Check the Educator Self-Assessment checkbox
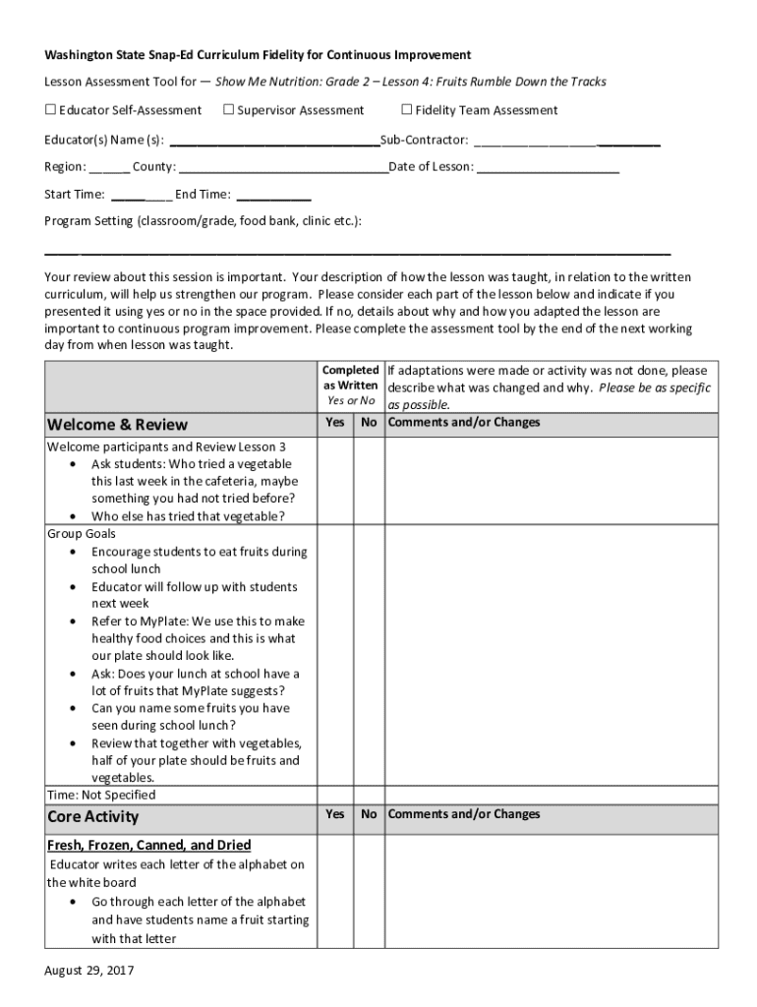click(x=50, y=110)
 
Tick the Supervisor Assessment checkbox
click(x=228, y=110)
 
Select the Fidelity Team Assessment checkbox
click(x=407, y=110)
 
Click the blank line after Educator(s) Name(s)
click(x=274, y=141)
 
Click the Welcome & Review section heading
click(x=117, y=425)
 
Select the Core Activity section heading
click(x=93, y=817)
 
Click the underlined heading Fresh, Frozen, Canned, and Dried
click(x=148, y=845)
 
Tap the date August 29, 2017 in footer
click(x=88, y=971)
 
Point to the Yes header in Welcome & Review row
click(x=335, y=423)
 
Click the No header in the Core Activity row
click(x=369, y=814)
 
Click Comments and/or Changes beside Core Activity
click(x=464, y=814)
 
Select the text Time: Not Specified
click(x=101, y=795)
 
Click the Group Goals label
click(x=82, y=534)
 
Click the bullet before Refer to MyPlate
click(x=76, y=622)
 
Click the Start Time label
click(x=74, y=195)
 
